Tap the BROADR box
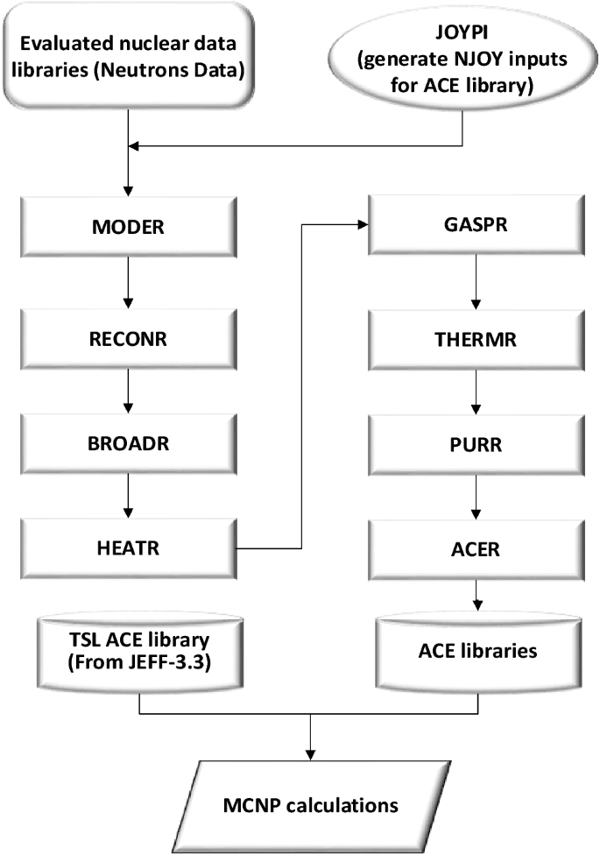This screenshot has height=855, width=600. [x=129, y=441]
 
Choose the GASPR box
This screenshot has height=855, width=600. [x=476, y=226]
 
